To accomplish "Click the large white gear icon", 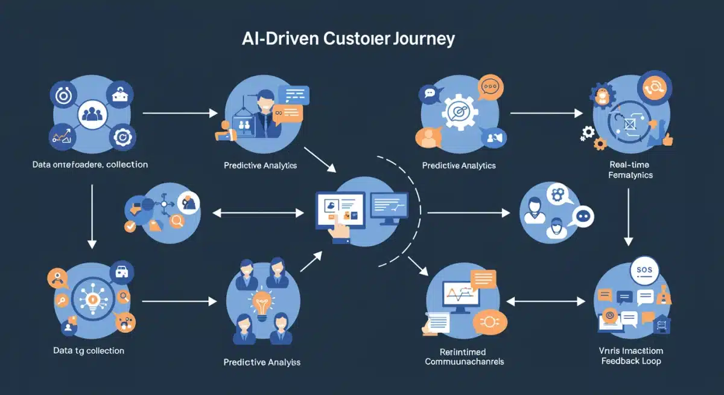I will coord(459,112).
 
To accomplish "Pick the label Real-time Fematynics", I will coord(629,170).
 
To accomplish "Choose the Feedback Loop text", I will coord(630,361).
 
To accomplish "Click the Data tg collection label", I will coord(88,350).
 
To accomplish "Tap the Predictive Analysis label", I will coord(261,362).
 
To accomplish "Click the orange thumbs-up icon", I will coord(667,140).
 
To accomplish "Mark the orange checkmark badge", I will coord(130,227).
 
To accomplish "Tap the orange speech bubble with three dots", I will coord(490,88).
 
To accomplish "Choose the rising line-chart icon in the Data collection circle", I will coord(63,136).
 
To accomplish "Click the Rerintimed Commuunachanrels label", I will coord(464,356).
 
